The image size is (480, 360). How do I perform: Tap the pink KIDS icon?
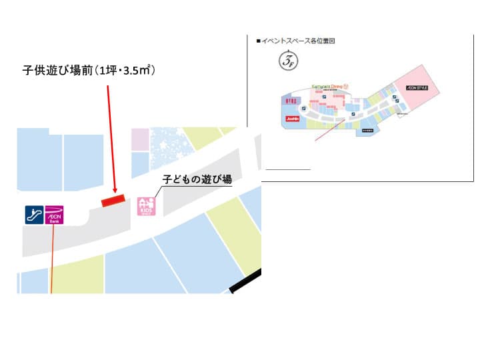pos(146,206)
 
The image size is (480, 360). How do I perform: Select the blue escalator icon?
pos(34,215)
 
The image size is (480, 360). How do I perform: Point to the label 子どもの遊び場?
pos(198,179)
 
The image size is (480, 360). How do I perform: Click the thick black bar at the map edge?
pos(245,282)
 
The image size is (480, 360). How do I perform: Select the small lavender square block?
pos(140,139)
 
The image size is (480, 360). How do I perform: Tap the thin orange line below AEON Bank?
pos(51,260)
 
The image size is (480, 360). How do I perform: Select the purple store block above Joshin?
pos(290,100)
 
